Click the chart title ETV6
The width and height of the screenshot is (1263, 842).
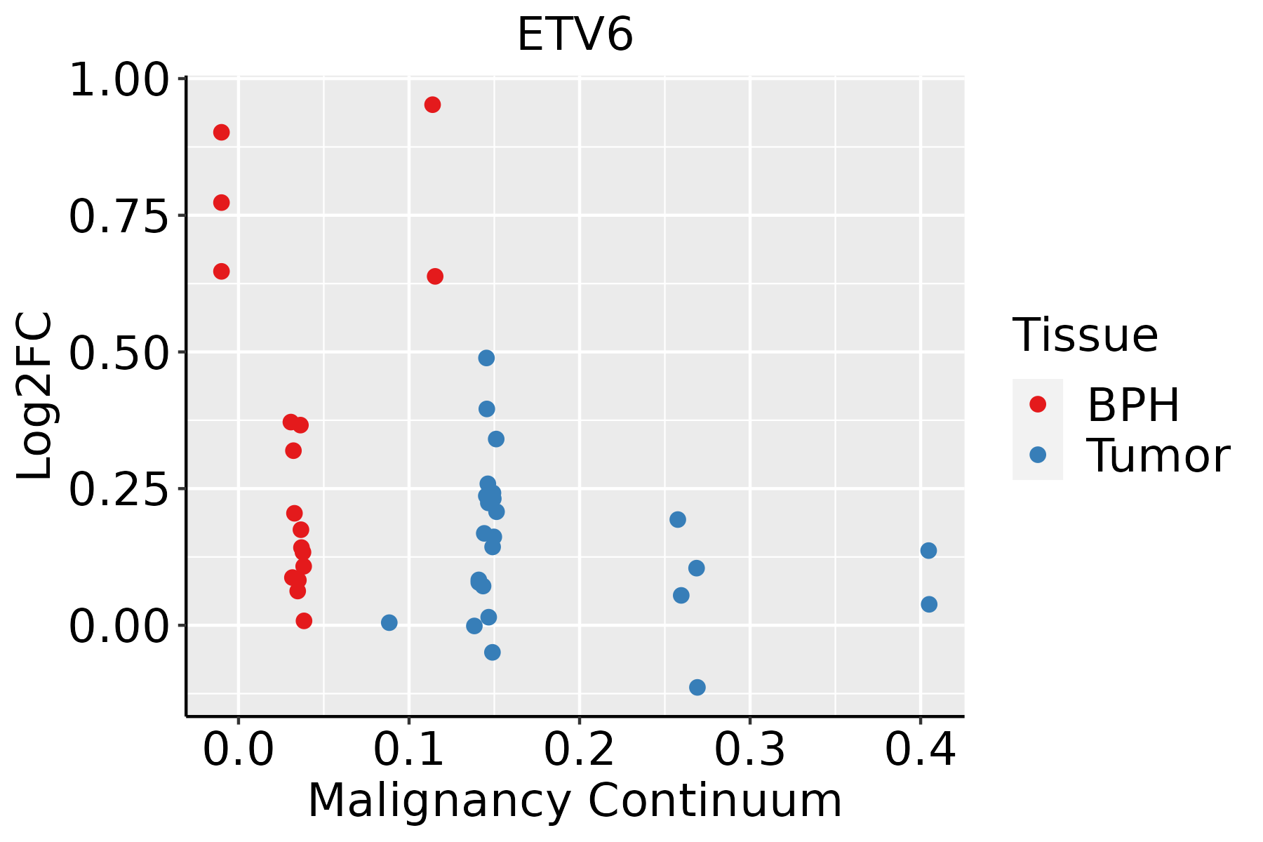point(575,35)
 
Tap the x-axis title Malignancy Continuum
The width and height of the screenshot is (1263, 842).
point(575,801)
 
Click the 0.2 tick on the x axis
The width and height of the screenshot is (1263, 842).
point(580,750)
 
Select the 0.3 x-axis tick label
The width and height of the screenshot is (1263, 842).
point(749,750)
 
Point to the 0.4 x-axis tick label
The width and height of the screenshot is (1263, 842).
point(920,750)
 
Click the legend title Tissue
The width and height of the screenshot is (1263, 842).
point(1085,335)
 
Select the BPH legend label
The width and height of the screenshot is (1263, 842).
point(1133,405)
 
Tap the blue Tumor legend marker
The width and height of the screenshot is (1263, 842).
point(1037,455)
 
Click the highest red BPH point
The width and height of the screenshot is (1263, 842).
point(432,105)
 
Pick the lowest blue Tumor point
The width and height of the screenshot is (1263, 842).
point(697,687)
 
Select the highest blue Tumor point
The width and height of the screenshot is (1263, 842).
point(486,358)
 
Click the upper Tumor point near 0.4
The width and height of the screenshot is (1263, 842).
point(928,550)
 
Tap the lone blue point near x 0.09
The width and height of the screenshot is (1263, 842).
point(389,622)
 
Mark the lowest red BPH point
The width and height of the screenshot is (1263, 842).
point(304,620)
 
